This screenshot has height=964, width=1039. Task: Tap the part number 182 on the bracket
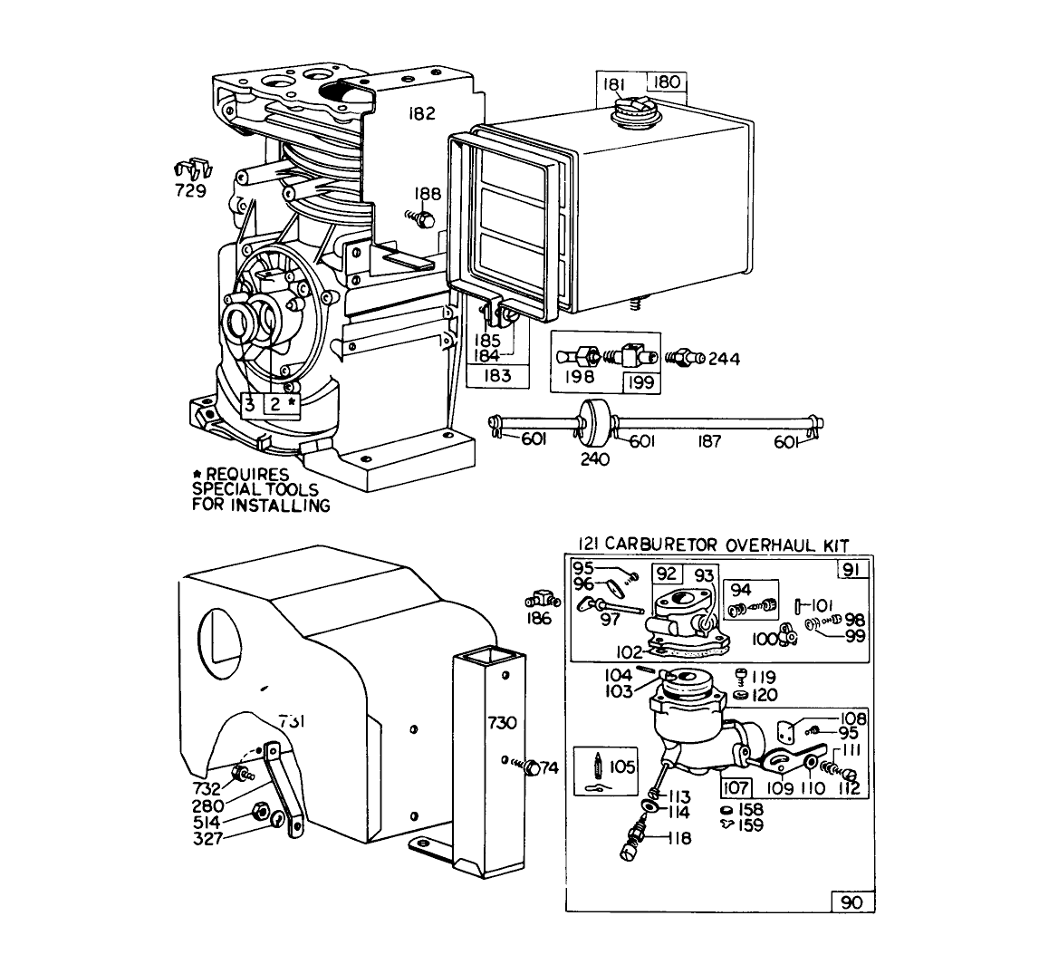coord(421,114)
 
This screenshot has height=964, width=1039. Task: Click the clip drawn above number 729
coord(189,169)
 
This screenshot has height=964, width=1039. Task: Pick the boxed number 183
coord(496,375)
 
